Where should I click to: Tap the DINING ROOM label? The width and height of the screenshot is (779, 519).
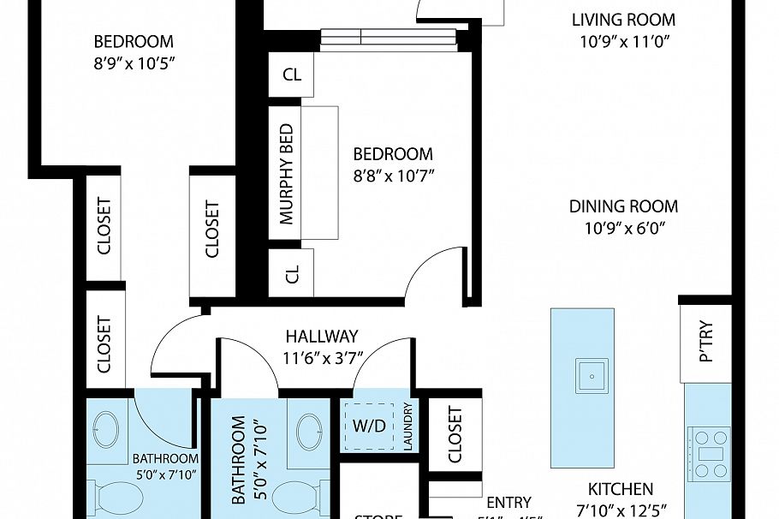pyautogui.click(x=623, y=206)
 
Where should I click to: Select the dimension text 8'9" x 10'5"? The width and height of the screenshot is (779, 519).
pyautogui.click(x=133, y=63)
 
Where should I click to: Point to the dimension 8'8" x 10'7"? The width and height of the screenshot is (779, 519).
pyautogui.click(x=393, y=176)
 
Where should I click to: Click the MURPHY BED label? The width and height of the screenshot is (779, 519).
pyautogui.click(x=286, y=174)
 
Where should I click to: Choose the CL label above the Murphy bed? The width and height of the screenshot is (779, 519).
pyautogui.click(x=292, y=75)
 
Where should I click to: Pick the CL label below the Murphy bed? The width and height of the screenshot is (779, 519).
pyautogui.click(x=292, y=274)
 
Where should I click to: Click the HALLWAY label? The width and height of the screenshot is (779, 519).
pyautogui.click(x=321, y=337)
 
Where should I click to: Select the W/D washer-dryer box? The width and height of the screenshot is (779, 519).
pyautogui.click(x=369, y=426)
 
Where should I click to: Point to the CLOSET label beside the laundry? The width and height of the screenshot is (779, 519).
pyautogui.click(x=454, y=434)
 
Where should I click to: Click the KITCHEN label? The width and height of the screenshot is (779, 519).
pyautogui.click(x=621, y=490)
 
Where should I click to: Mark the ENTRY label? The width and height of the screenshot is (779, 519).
pyautogui.click(x=508, y=503)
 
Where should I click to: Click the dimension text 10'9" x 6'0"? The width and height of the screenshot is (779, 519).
pyautogui.click(x=623, y=228)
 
